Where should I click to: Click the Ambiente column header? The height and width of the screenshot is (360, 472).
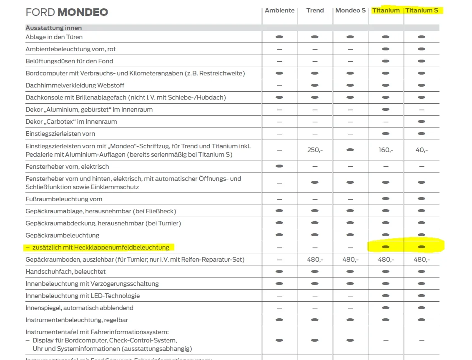point(279,10)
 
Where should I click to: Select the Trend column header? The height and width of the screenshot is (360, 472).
point(315,10)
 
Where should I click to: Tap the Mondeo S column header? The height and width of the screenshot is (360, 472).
point(350,10)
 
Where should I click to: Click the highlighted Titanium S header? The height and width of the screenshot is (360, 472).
point(422,10)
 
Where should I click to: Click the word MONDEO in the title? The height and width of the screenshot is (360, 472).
point(83,12)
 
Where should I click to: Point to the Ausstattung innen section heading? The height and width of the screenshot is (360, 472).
point(54,28)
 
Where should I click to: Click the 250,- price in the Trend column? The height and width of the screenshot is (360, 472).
point(315,150)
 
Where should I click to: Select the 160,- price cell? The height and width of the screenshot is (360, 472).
point(386,150)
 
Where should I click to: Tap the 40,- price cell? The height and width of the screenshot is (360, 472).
point(422,150)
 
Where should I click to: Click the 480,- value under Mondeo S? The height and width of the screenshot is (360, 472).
point(350,260)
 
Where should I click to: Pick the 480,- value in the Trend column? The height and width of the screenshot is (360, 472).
point(315,260)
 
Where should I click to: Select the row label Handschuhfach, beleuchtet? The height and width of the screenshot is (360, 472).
point(65,272)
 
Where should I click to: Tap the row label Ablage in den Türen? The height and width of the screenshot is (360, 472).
point(54,37)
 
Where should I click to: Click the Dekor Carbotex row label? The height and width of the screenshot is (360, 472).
point(71,122)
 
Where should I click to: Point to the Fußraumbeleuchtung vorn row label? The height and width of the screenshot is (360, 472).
point(64,199)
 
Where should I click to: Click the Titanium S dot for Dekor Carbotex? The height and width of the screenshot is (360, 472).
point(422,122)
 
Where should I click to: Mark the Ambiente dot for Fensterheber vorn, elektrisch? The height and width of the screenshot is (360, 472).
point(279,166)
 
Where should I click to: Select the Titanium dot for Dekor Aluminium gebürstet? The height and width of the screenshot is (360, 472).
point(386,110)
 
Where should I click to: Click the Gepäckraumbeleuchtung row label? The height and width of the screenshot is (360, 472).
point(63,235)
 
